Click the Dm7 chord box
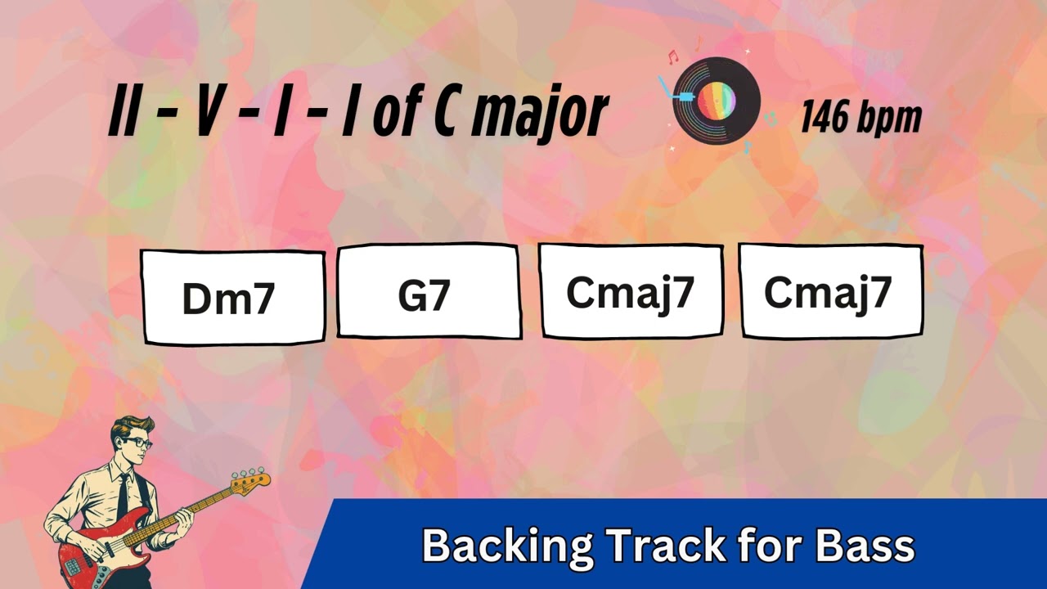(233, 298)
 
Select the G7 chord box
(429, 291)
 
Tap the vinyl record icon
(717, 101)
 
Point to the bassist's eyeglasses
(137, 443)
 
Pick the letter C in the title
(446, 115)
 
